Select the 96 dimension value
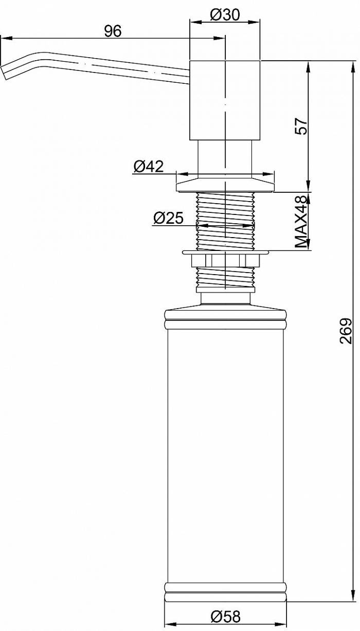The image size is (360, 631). pos(113,31)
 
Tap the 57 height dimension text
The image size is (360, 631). pos(301,126)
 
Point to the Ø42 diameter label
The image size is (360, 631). pos(149,166)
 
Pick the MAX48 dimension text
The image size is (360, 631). pos(301,222)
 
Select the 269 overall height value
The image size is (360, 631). pos(346,331)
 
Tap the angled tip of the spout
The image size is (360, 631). pos(4,73)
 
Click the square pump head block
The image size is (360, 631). pos(225,100)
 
